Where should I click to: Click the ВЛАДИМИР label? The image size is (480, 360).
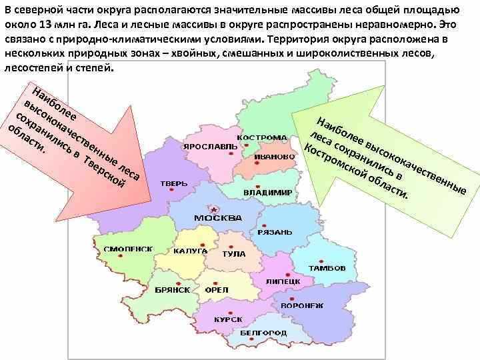(x=267, y=193)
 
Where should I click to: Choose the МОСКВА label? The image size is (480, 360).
(x=217, y=219)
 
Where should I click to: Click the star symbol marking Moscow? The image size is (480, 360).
(x=215, y=207)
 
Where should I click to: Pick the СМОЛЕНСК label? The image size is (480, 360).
(x=128, y=249)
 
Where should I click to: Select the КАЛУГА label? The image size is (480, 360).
(x=189, y=251)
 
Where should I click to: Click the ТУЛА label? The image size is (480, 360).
(x=234, y=254)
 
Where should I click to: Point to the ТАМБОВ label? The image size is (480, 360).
(x=327, y=268)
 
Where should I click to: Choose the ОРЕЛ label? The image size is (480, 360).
(x=217, y=290)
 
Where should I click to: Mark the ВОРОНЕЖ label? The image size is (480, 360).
(x=301, y=305)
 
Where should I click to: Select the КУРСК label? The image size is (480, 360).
(x=228, y=319)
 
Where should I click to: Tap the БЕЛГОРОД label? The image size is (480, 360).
(x=264, y=333)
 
